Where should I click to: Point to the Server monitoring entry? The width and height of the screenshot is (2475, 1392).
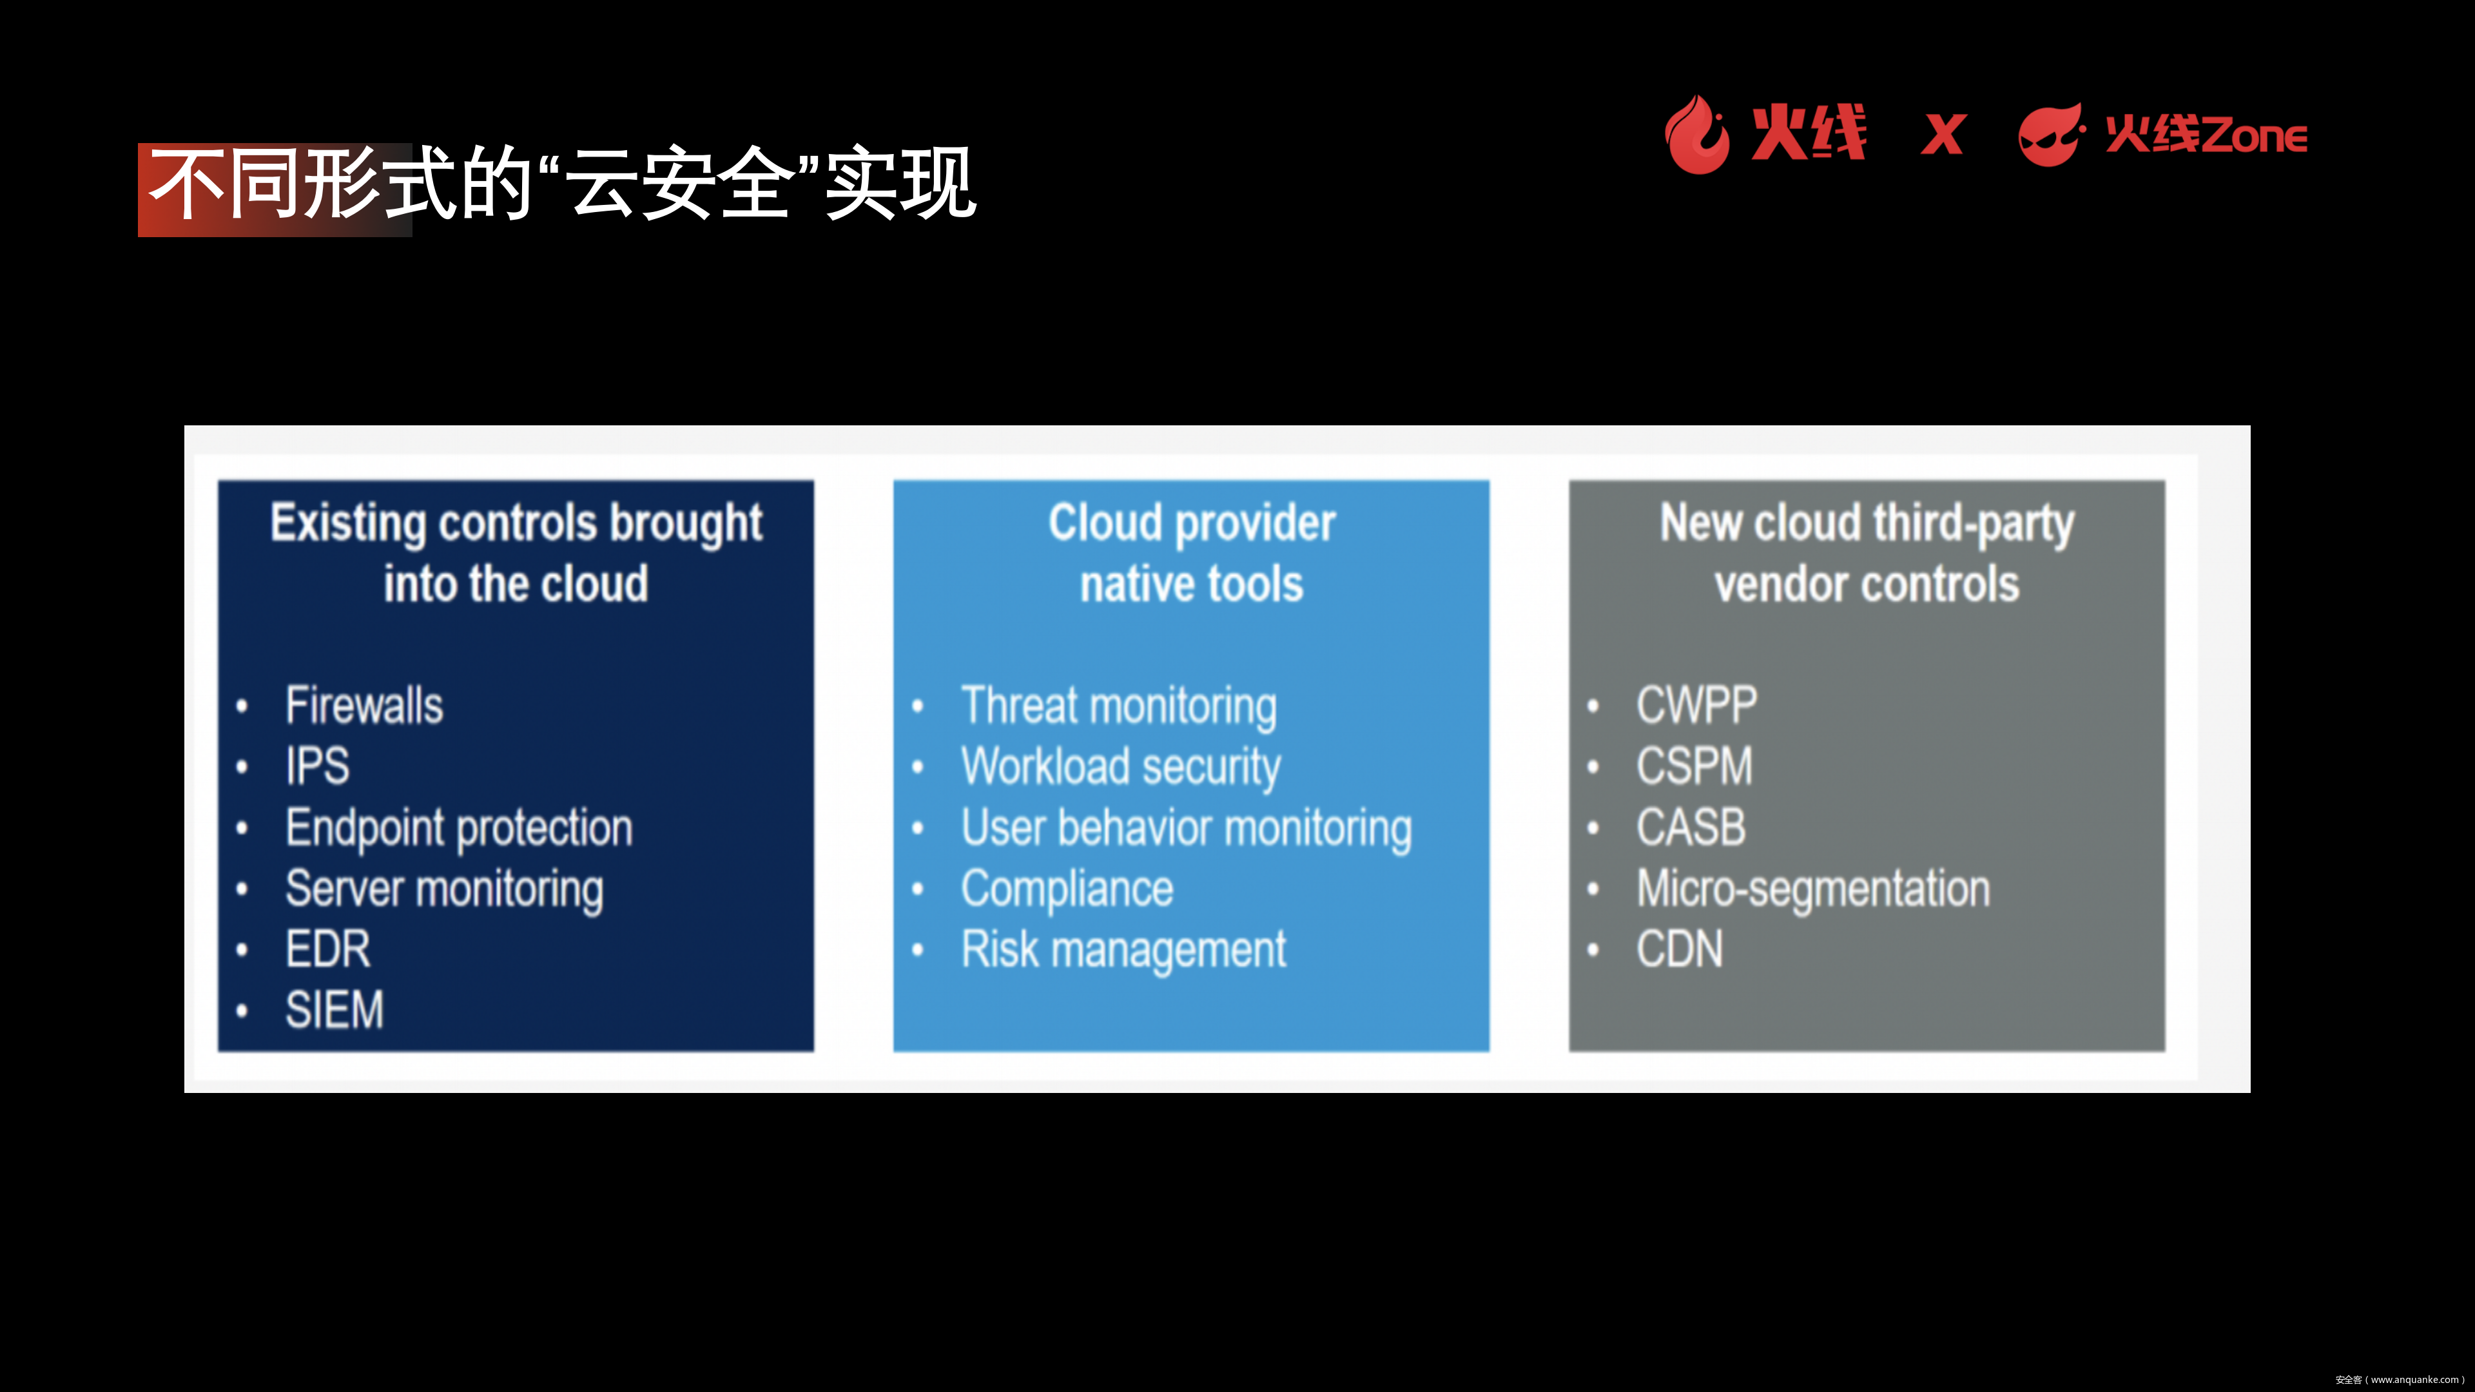(444, 889)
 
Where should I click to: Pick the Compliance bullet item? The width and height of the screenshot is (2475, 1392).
(1067, 889)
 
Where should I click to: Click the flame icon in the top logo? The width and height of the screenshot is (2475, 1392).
(1697, 135)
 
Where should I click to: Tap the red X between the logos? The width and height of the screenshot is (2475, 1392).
(1943, 135)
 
